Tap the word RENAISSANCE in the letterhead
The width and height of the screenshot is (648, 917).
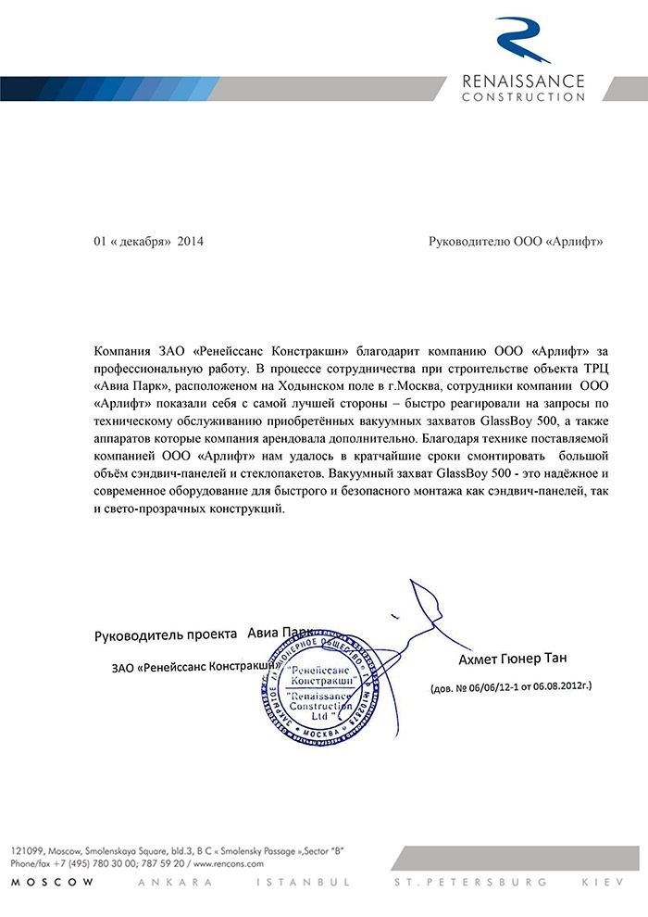pyautogui.click(x=523, y=81)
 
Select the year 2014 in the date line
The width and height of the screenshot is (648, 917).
pyautogui.click(x=190, y=242)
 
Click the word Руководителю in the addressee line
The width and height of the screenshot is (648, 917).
pyautogui.click(x=468, y=242)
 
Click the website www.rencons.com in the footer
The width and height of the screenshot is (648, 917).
pyautogui.click(x=232, y=862)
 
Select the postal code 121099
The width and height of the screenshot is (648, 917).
pyautogui.click(x=25, y=849)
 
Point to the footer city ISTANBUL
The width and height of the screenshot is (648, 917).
pyautogui.click(x=320, y=883)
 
